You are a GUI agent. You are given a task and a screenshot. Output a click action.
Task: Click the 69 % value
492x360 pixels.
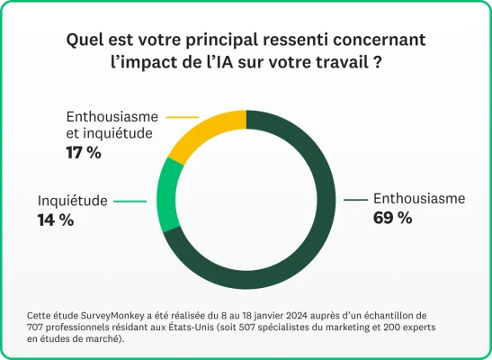coord(392,218)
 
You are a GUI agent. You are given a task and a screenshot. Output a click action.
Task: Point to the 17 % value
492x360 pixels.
coord(83,152)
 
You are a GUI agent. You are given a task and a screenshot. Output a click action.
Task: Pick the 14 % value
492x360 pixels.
coord(55,219)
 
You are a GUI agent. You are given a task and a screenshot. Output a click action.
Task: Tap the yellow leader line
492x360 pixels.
coord(183,117)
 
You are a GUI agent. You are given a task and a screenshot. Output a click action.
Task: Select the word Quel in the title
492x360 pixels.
coord(85,40)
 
